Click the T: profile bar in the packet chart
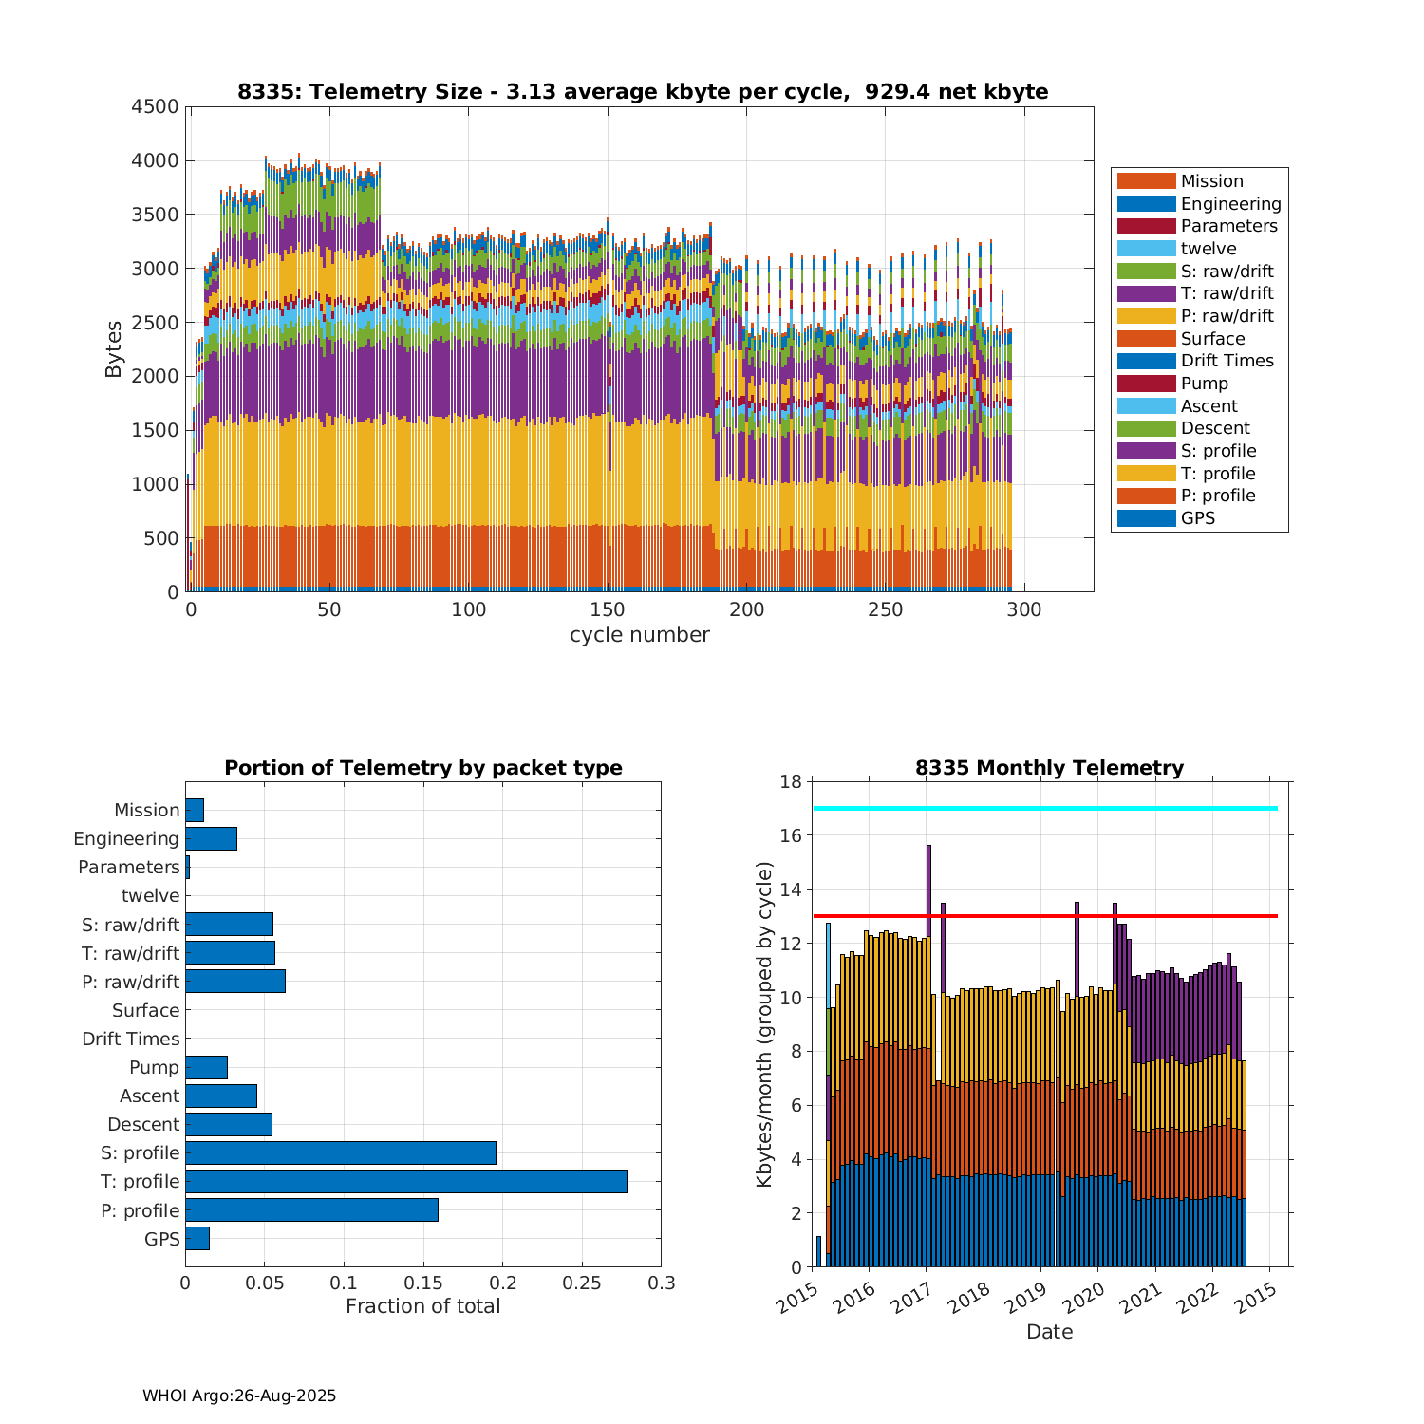click(406, 1181)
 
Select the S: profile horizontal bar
click(341, 1152)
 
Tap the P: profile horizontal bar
click(311, 1210)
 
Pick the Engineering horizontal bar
click(211, 838)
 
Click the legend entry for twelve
click(1209, 249)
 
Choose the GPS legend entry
click(1197, 518)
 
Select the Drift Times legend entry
click(1227, 361)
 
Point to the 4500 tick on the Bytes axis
click(155, 106)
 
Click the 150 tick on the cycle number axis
click(608, 609)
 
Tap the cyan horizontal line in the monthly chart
click(1044, 808)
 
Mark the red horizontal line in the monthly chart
click(1044, 916)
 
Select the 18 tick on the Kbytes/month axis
click(791, 781)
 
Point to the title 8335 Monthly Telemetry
click(1049, 768)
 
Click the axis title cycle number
click(639, 635)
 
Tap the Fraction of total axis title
click(422, 1306)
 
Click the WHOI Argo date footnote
click(239, 1396)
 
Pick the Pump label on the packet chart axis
click(154, 1067)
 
